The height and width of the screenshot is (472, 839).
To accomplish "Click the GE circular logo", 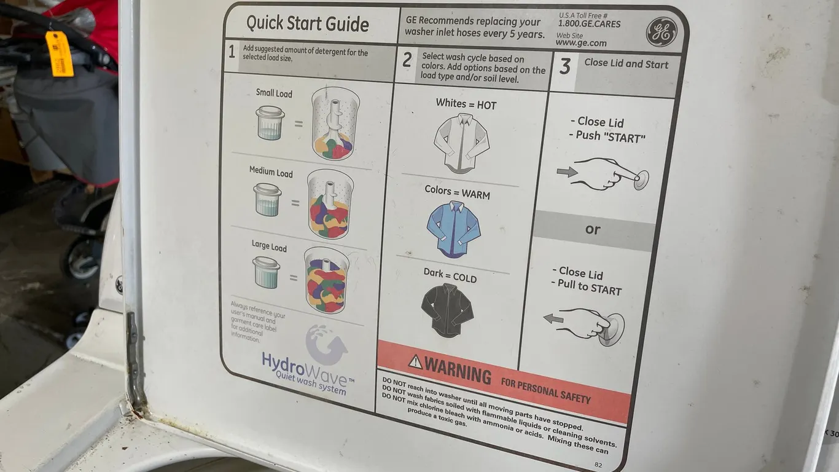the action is (x=661, y=32).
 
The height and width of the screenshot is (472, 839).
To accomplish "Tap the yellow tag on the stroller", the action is (x=59, y=53).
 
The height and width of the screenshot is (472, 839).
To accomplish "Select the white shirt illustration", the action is (x=461, y=143).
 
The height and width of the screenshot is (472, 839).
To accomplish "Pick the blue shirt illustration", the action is (x=453, y=229).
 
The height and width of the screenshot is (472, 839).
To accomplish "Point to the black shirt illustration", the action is (x=447, y=310).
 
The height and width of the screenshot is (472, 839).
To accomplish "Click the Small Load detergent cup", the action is (x=270, y=122).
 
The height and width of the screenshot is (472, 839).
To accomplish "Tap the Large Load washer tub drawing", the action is (x=327, y=280).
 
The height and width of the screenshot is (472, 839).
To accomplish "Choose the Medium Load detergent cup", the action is (x=267, y=200).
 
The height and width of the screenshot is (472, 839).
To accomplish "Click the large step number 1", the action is (x=232, y=52).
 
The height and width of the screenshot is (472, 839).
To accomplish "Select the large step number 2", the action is (x=407, y=60).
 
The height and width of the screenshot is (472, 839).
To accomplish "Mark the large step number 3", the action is (x=565, y=66).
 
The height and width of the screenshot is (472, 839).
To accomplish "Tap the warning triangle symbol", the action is (x=415, y=361).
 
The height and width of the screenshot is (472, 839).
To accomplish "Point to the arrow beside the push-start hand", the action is (x=567, y=171).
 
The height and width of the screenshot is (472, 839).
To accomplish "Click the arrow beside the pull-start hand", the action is (x=553, y=319).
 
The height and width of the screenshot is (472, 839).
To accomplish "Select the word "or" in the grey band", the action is (x=593, y=229).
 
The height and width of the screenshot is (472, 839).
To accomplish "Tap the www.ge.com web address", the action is (x=581, y=43).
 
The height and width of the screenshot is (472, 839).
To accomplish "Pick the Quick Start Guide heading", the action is (x=308, y=23).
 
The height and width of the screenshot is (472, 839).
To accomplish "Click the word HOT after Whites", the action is (x=486, y=105).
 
